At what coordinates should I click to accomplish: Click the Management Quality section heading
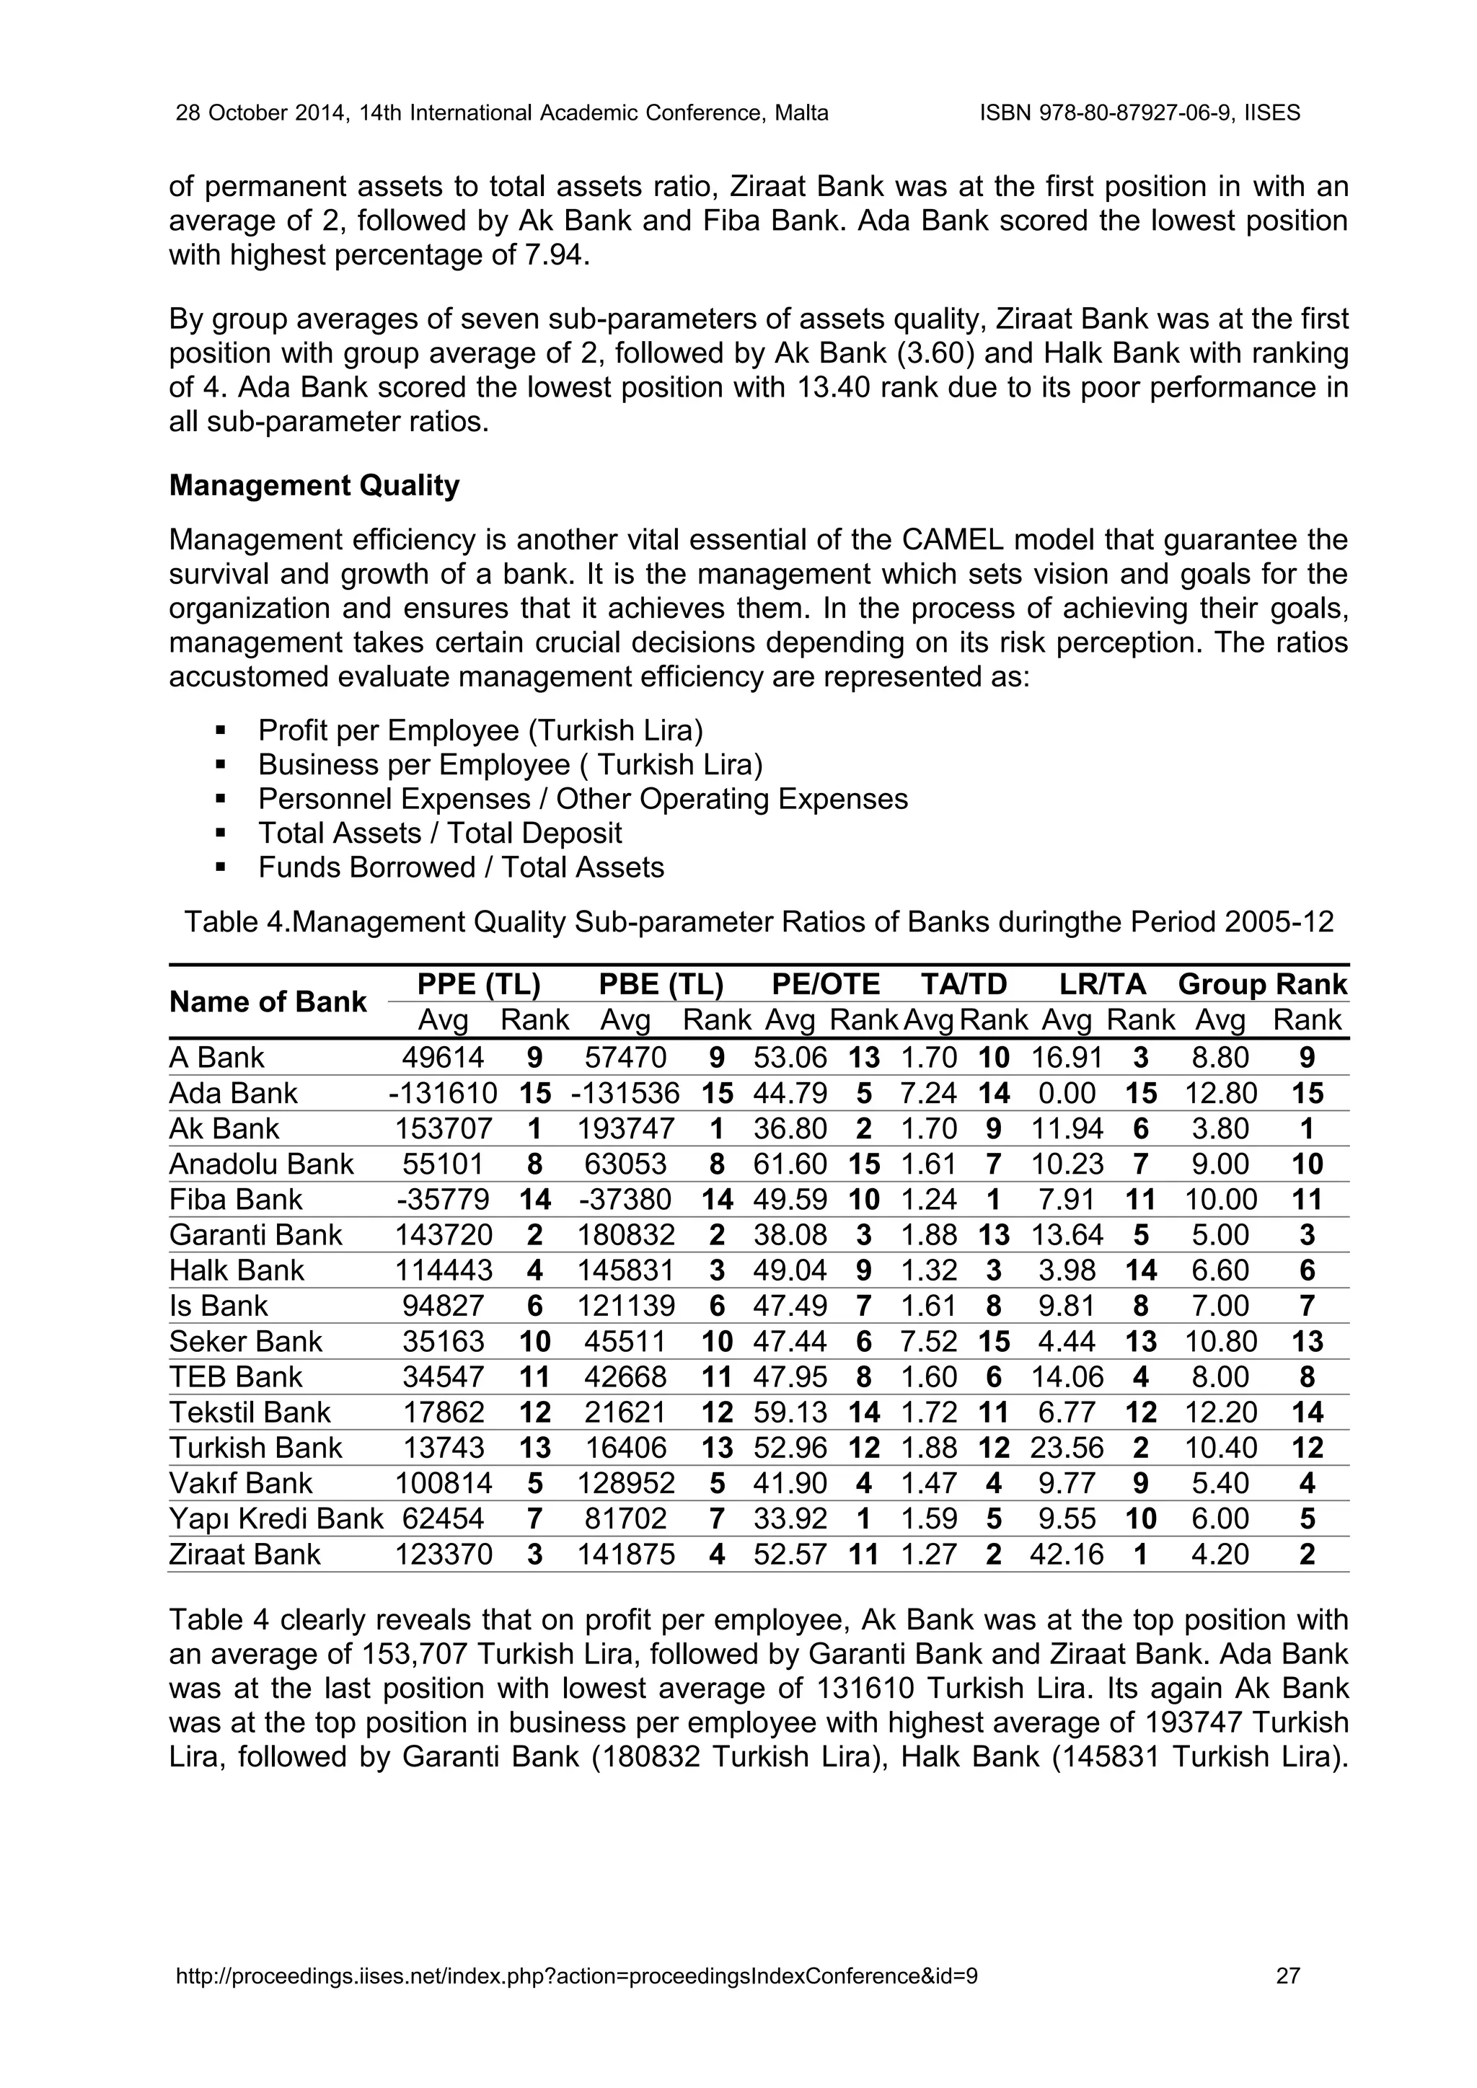(314, 486)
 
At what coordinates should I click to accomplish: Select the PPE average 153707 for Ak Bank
(443, 1128)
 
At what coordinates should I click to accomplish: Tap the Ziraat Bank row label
(244, 1554)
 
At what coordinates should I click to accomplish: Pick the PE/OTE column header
(825, 984)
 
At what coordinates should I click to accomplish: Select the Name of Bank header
(268, 1002)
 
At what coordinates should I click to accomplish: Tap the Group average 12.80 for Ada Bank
(1220, 1093)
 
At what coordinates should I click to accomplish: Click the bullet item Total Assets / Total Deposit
(439, 833)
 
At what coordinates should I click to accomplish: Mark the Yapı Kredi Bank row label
(275, 1518)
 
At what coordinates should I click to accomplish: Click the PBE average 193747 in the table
(626, 1128)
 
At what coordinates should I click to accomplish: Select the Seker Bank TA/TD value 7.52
(929, 1341)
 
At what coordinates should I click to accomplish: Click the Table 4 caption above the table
(759, 922)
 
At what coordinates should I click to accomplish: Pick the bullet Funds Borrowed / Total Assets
(460, 867)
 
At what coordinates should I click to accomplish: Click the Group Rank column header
(1261, 984)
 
